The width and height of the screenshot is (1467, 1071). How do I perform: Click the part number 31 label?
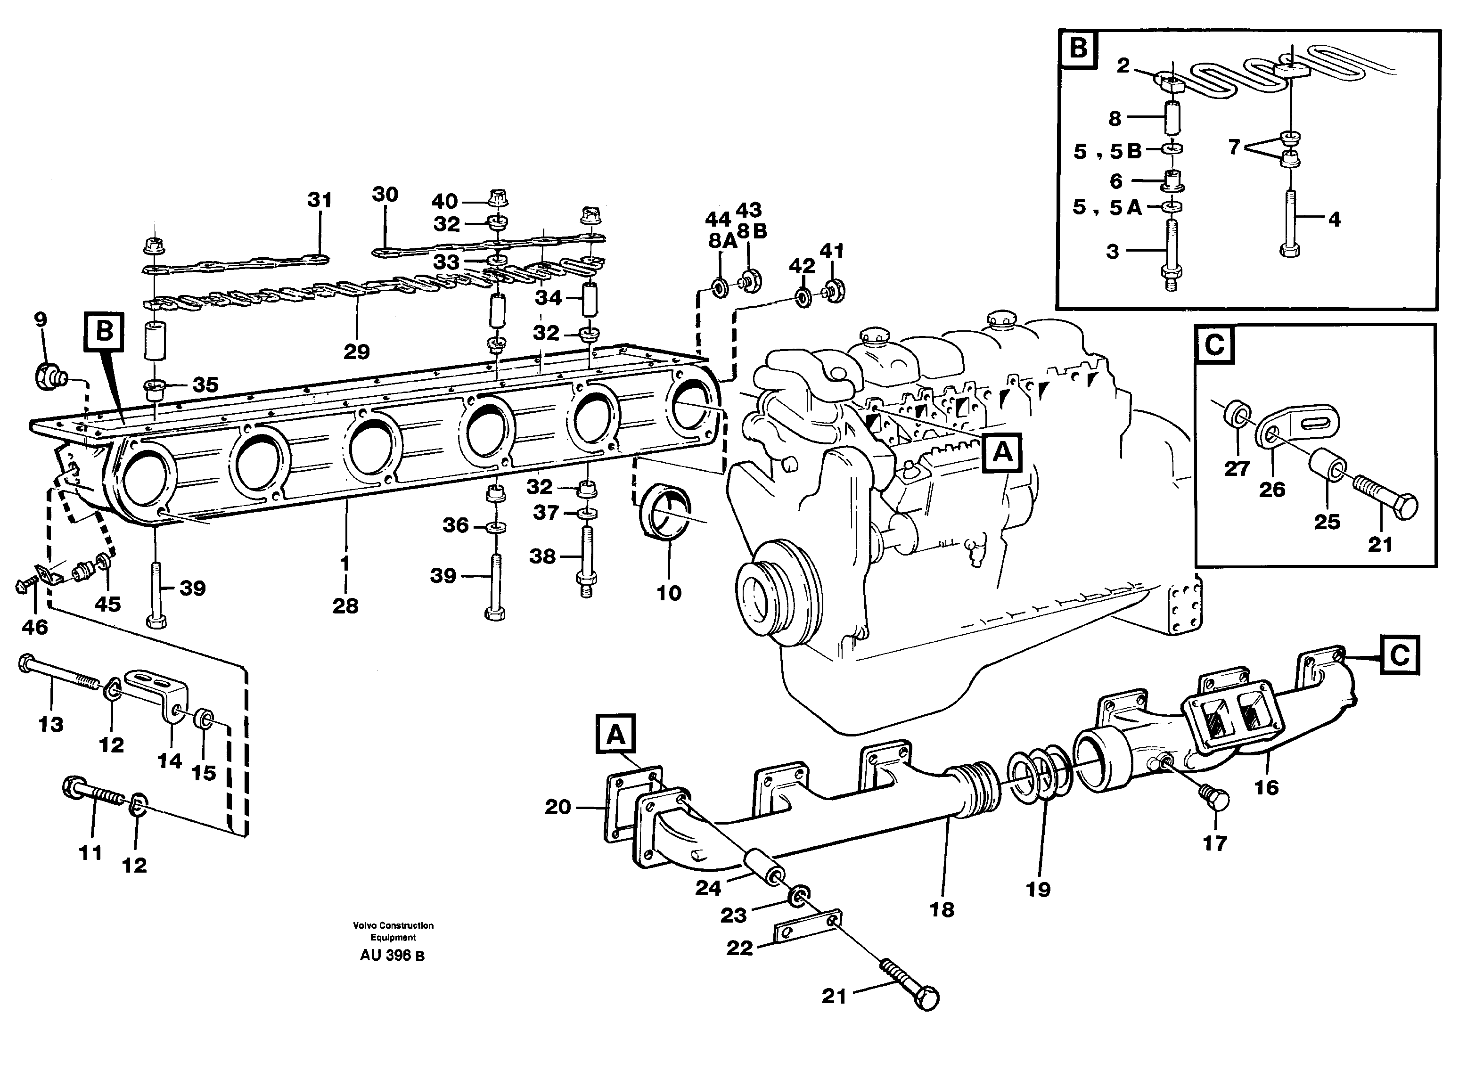point(319,200)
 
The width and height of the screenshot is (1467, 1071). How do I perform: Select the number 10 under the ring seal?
point(669,593)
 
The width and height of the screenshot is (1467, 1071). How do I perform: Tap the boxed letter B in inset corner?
point(1078,48)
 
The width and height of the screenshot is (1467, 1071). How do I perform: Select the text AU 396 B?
point(392,955)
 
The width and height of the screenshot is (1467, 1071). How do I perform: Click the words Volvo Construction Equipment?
point(393,931)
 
